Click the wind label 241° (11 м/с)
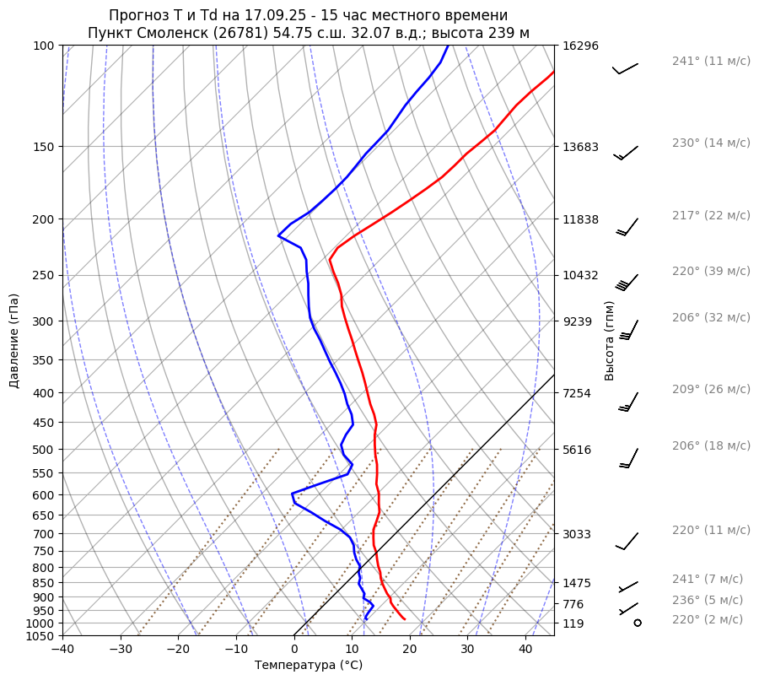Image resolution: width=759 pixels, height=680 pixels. pos(711,61)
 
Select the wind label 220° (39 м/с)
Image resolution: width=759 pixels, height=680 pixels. pos(711,271)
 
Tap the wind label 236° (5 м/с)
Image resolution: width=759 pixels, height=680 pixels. pos(708,600)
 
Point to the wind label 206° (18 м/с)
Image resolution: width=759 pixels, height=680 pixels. pos(711,445)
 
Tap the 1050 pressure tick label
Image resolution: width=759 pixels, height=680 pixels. pos(40,636)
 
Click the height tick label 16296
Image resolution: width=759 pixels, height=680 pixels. pos(580,46)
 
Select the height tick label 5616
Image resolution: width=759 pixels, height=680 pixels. pos(578,450)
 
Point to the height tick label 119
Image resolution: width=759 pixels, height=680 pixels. pos(574,623)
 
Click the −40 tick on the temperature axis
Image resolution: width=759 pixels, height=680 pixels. pos(62,650)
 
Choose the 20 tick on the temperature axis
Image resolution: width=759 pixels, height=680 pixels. pos(410,650)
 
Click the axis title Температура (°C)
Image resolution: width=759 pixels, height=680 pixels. pos(309,665)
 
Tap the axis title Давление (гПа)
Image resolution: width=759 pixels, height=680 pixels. pos(14,341)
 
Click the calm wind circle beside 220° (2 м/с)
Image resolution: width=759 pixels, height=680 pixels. pos(637,623)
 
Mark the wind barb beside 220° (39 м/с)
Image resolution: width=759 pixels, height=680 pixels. pos(627,282)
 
